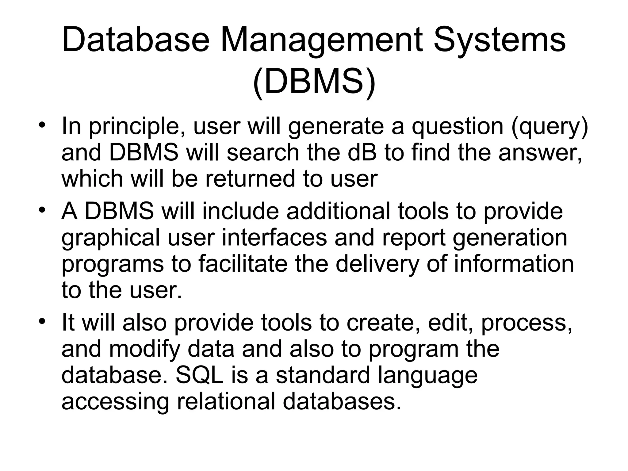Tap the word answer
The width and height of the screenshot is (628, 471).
(x=540, y=153)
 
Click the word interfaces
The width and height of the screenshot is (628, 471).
(x=274, y=238)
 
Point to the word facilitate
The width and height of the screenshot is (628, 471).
(x=243, y=264)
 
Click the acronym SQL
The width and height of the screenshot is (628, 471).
(x=199, y=375)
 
